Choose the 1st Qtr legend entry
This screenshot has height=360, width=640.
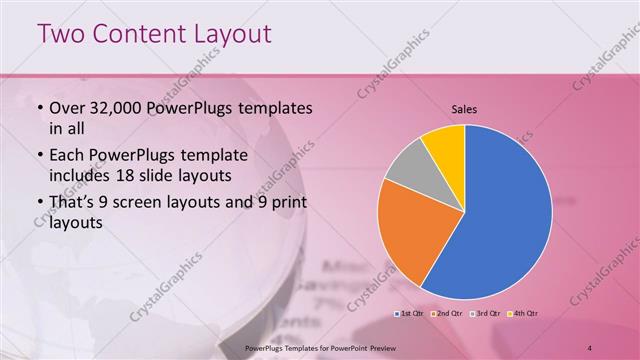tap(410, 313)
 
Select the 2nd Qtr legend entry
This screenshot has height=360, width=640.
tap(446, 313)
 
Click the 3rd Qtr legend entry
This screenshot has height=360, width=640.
tap(484, 313)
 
